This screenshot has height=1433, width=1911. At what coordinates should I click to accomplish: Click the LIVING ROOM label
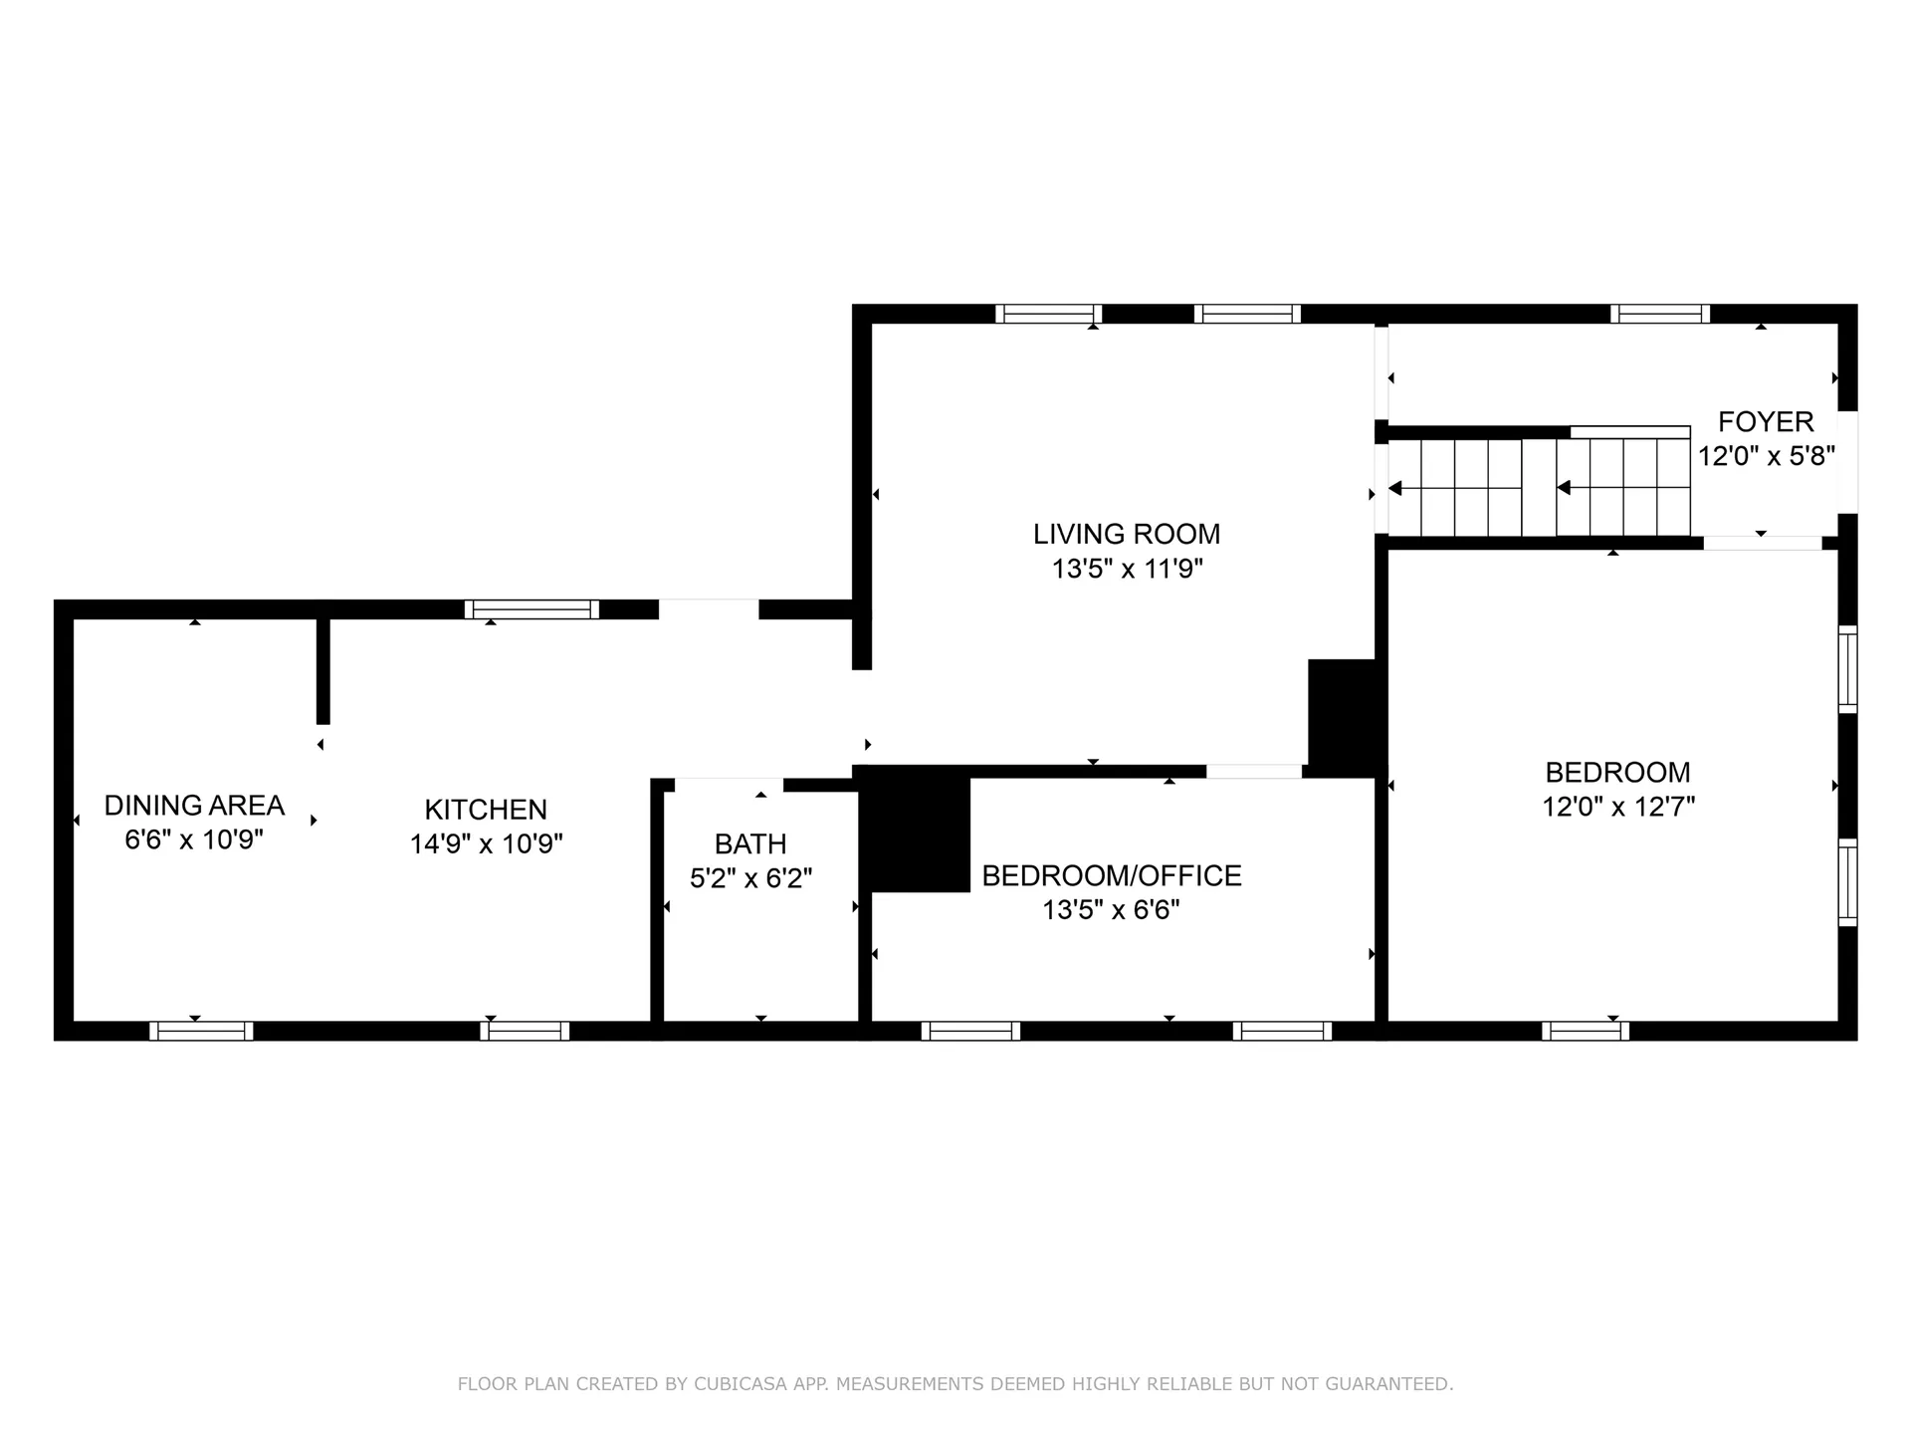[x=1126, y=534]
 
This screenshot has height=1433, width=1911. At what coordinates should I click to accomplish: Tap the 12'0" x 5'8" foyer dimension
[x=1766, y=456]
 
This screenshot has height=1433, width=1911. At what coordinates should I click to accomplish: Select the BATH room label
[x=750, y=843]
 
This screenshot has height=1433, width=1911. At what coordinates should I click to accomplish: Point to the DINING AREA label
[x=194, y=805]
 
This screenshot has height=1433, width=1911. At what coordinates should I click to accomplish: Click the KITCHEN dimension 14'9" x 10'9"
[x=486, y=843]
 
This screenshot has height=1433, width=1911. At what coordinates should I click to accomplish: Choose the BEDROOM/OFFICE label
[x=1111, y=875]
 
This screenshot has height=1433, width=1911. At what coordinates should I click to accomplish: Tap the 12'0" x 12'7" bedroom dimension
[x=1617, y=806]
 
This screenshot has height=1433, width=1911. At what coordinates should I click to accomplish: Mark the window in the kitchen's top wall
[x=531, y=609]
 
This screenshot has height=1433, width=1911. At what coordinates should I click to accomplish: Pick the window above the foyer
[x=1659, y=314]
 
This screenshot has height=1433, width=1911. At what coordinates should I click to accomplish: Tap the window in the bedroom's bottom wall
[x=1585, y=1031]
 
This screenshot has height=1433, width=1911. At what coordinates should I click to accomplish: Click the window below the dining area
[x=201, y=1031]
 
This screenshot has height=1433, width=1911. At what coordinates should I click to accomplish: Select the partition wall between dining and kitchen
[x=322, y=669]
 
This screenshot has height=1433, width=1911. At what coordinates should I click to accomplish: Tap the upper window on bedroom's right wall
[x=1847, y=668]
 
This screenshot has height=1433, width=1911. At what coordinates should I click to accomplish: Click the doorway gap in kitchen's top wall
[x=708, y=609]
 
